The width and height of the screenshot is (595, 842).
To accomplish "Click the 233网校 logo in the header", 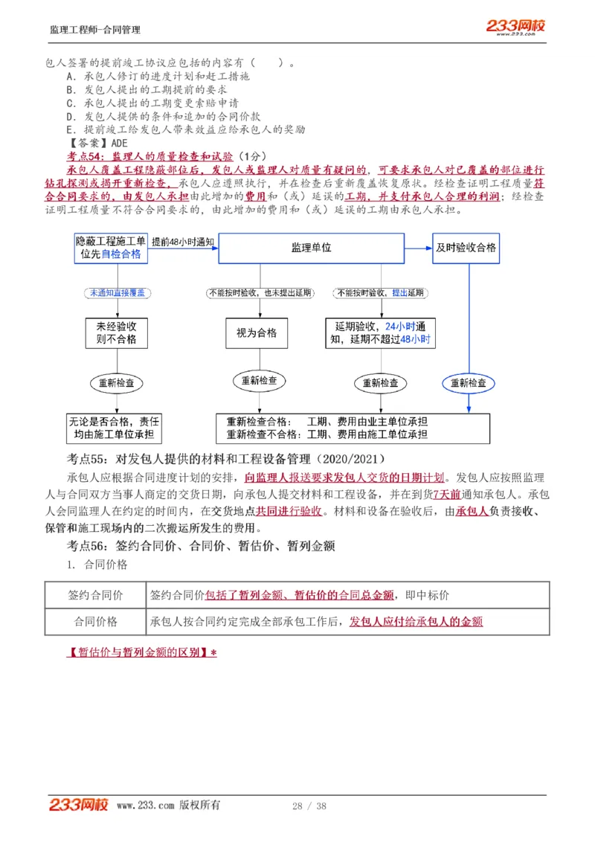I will click(515, 26).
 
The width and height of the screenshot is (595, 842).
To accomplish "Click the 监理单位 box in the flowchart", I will click(311, 248).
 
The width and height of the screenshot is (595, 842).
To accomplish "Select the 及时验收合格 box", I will click(466, 248).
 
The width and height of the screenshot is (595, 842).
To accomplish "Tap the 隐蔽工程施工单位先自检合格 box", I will click(110, 248).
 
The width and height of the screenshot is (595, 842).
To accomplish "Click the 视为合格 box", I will click(257, 333).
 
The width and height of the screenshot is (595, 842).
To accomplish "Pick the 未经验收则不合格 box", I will click(116, 333).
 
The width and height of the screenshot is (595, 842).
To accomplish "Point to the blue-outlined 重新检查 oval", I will click(468, 383).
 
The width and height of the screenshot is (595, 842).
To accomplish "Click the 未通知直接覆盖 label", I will click(118, 293).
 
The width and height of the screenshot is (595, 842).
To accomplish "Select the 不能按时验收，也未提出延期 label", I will click(260, 293).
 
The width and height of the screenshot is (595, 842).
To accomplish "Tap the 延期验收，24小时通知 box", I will click(380, 333).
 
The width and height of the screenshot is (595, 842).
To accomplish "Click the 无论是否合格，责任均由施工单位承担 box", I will click(114, 428).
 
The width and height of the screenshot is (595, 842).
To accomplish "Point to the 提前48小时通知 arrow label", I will click(183, 242).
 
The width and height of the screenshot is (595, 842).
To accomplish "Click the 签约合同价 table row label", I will click(95, 595).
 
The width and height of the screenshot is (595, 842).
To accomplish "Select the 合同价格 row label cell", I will click(95, 621).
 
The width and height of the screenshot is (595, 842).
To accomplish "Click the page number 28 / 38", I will click(309, 806).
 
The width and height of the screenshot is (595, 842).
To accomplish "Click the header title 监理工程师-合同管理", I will click(94, 30).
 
